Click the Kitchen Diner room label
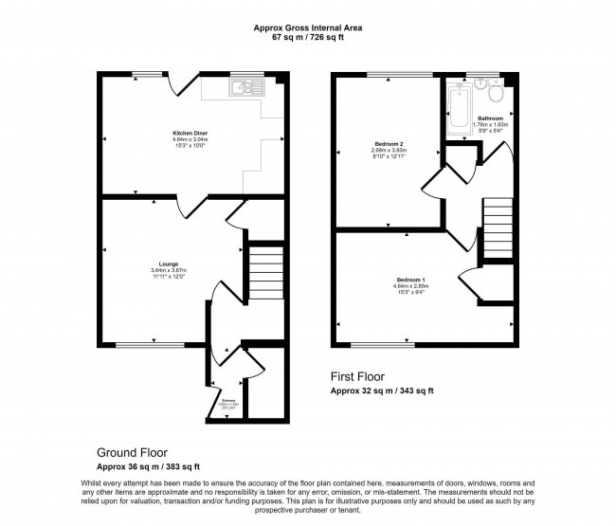(184, 136)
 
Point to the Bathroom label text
(490, 118)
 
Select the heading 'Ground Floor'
(134, 452)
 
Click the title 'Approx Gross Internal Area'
(307, 27)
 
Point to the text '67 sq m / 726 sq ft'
(307, 38)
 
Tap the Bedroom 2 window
(390, 74)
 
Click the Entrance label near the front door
(226, 401)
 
